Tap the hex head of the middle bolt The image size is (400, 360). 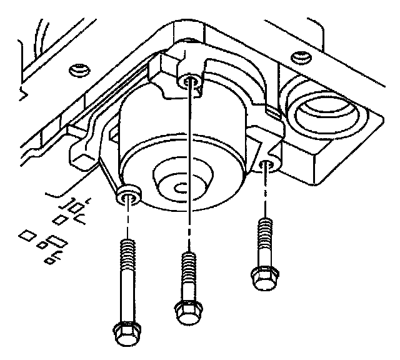(x=186, y=310)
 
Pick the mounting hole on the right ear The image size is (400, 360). (x=267, y=166)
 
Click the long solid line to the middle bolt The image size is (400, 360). (x=189, y=162)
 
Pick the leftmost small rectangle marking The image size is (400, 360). (x=26, y=236)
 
